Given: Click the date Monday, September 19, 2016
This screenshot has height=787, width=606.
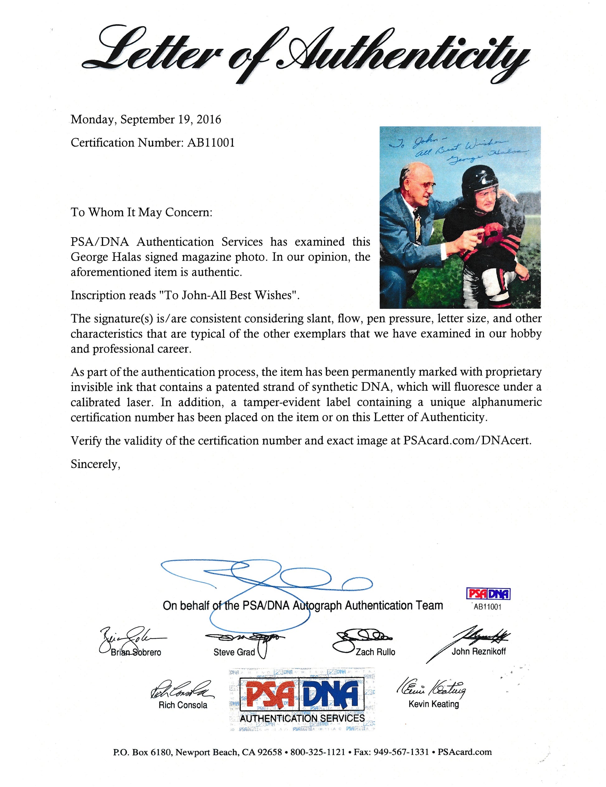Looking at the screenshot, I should point(146,120).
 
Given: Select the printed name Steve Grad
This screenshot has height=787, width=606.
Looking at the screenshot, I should point(234,652).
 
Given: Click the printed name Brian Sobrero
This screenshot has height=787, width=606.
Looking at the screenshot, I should point(136,653).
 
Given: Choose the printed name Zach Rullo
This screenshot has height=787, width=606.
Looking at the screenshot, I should point(375,652).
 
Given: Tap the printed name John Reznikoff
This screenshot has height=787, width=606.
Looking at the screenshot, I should point(478,652).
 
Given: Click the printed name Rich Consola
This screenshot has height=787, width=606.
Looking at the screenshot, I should point(183,705).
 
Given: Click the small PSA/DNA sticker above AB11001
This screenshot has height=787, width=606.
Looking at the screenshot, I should point(488,594).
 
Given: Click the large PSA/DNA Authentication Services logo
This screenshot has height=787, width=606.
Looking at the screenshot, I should point(302,700).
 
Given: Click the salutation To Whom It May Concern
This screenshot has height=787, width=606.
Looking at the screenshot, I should point(141,212).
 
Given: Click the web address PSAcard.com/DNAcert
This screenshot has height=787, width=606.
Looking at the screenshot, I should point(466,441).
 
